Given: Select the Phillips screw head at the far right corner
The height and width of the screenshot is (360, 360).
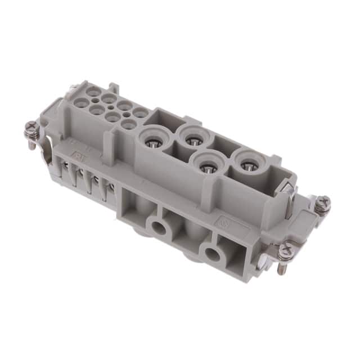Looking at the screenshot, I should tap(322, 204).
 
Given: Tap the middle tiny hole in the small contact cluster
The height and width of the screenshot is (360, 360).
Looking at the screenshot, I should tap(109, 105).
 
